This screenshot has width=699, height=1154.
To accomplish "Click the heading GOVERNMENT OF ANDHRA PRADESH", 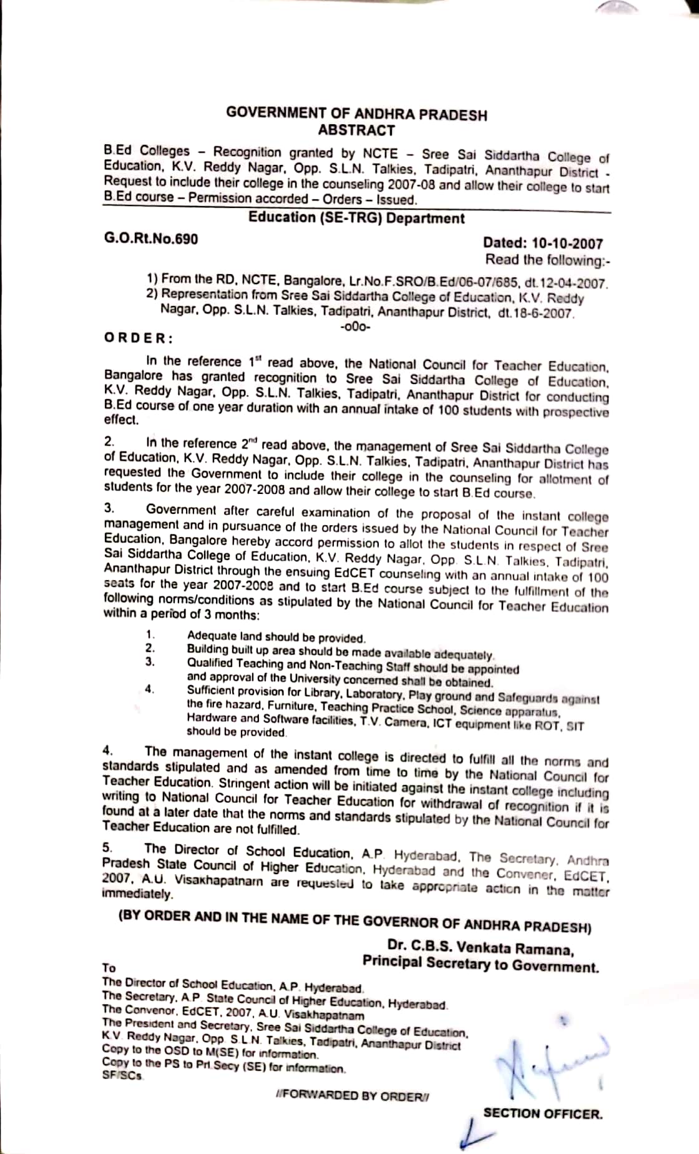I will pyautogui.click(x=356, y=114).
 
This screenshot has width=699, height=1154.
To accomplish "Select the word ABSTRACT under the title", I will pyautogui.click(x=356, y=131).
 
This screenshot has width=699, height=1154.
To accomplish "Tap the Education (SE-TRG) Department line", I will pyautogui.click(x=356, y=218).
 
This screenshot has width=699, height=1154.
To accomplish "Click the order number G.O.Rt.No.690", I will pyautogui.click(x=151, y=239).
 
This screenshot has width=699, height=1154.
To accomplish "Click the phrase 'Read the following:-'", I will pyautogui.click(x=544, y=260).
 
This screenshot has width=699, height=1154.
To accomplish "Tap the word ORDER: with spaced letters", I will pyautogui.click(x=138, y=338).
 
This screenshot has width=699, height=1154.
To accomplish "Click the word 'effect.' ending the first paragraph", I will pyautogui.click(x=122, y=420).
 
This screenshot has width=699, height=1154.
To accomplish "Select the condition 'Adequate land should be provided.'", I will pyautogui.click(x=276, y=638).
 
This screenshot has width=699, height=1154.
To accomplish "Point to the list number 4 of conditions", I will pyautogui.click(x=149, y=689).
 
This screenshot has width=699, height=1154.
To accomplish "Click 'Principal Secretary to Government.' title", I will pyautogui.click(x=481, y=965).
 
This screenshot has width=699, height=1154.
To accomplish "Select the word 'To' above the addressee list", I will pyautogui.click(x=109, y=968).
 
